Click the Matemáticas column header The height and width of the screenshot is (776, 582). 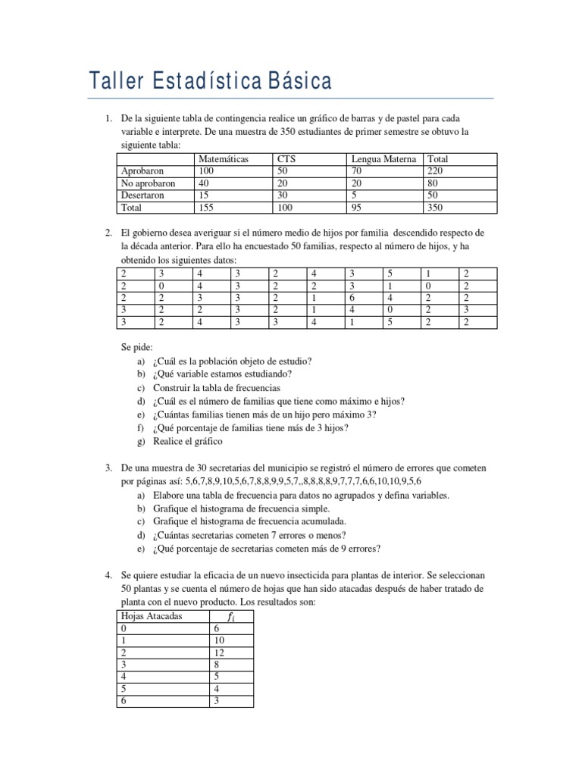click(225, 159)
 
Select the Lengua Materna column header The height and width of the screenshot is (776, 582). click(383, 159)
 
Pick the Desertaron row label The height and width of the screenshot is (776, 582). click(144, 195)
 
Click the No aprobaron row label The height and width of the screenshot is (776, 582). click(149, 183)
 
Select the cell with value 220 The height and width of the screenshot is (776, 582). click(436, 171)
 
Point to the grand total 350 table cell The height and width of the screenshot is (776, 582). click(436, 207)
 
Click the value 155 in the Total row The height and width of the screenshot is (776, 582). click(205, 207)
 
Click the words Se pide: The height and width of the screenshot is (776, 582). click(137, 346)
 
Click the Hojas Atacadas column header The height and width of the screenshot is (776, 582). click(152, 616)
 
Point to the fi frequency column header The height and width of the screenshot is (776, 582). click(230, 616)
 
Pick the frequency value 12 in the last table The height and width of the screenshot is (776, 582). click(220, 652)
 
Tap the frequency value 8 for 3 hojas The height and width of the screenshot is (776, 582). click(217, 665)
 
